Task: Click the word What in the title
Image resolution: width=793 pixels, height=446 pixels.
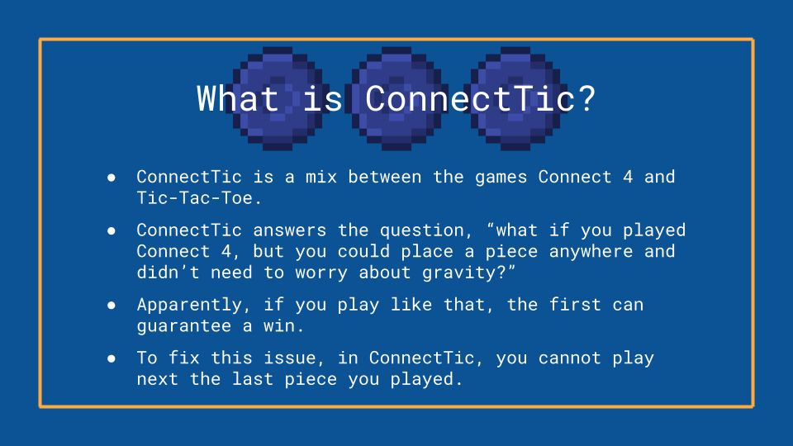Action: click(238, 98)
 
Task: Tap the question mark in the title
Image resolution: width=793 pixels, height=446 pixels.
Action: click(587, 98)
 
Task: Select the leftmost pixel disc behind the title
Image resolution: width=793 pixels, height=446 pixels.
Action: click(278, 98)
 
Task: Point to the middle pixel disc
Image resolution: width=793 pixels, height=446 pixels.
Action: click(396, 98)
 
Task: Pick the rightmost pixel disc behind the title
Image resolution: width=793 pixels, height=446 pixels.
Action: click(515, 98)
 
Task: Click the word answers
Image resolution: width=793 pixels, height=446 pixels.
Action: click(289, 230)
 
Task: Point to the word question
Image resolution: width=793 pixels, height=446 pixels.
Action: click(427, 231)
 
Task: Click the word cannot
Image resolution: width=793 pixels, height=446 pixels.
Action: click(569, 358)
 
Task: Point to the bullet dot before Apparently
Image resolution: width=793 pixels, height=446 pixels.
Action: click(112, 305)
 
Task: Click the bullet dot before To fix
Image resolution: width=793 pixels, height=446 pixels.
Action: click(112, 358)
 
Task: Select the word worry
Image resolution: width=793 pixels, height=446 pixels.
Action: click(321, 273)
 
